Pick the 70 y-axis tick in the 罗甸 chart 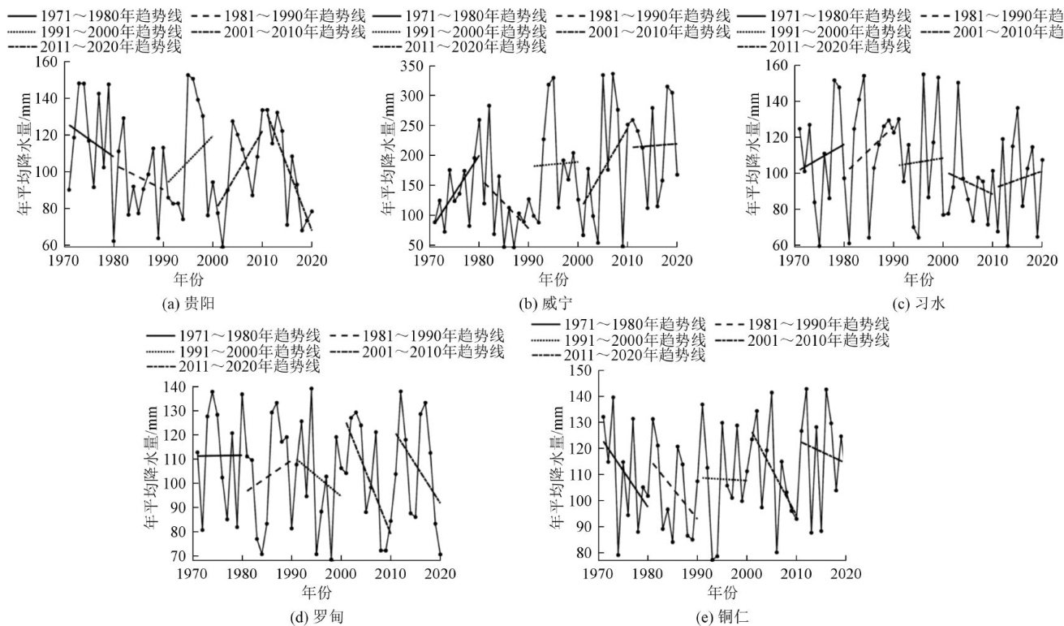click(176, 556)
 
